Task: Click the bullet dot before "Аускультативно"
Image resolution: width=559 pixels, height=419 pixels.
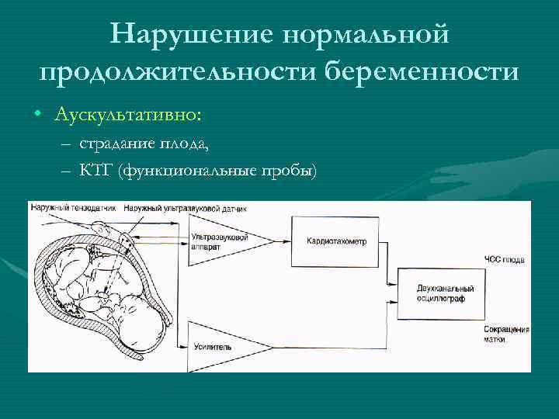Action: click(x=37, y=115)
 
